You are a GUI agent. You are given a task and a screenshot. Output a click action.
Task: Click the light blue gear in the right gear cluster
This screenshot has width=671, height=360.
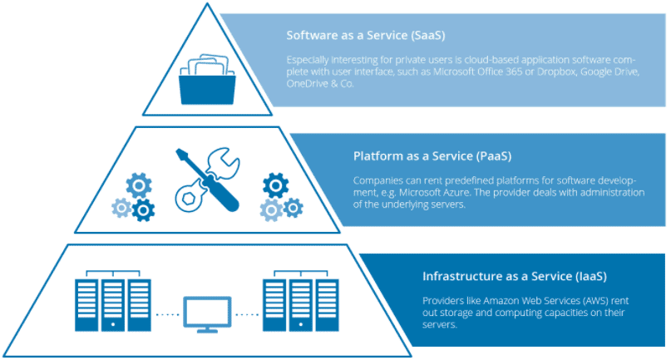click(x=269, y=207)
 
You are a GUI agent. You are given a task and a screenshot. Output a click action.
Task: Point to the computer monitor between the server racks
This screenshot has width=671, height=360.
click(x=207, y=314)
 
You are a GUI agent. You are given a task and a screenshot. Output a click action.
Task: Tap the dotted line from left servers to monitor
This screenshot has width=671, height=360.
click(x=167, y=315)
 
